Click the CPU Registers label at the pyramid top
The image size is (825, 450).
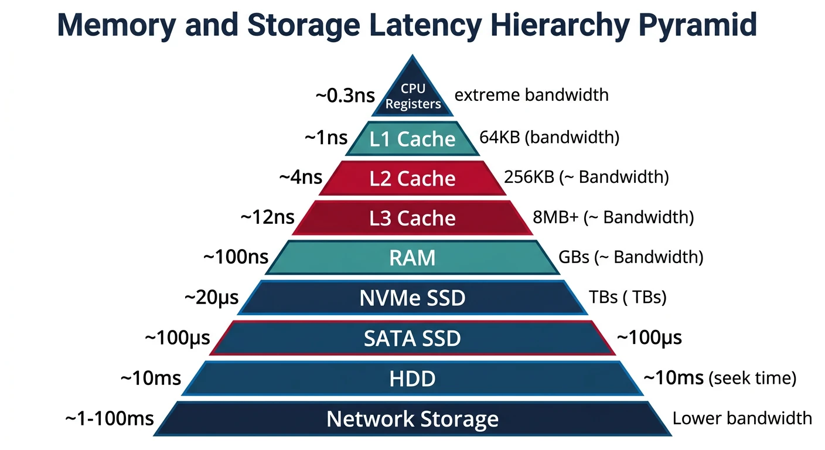(x=412, y=97)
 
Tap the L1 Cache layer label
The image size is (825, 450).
(x=412, y=139)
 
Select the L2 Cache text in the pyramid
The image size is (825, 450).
(x=412, y=179)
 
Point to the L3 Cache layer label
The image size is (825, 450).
(x=412, y=218)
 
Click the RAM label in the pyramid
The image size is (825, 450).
(x=412, y=258)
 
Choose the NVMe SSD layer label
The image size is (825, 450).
(x=412, y=298)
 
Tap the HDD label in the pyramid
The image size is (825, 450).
(x=412, y=379)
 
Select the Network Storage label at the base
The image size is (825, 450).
(x=412, y=419)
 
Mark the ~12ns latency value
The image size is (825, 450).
(x=267, y=217)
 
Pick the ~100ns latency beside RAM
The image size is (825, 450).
(x=236, y=257)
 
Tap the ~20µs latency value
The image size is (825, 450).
(x=212, y=298)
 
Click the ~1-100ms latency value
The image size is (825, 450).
(x=109, y=418)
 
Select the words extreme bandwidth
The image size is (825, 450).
(x=531, y=95)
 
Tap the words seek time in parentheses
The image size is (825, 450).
(x=752, y=379)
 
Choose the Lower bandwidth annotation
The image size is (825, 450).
(x=742, y=418)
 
